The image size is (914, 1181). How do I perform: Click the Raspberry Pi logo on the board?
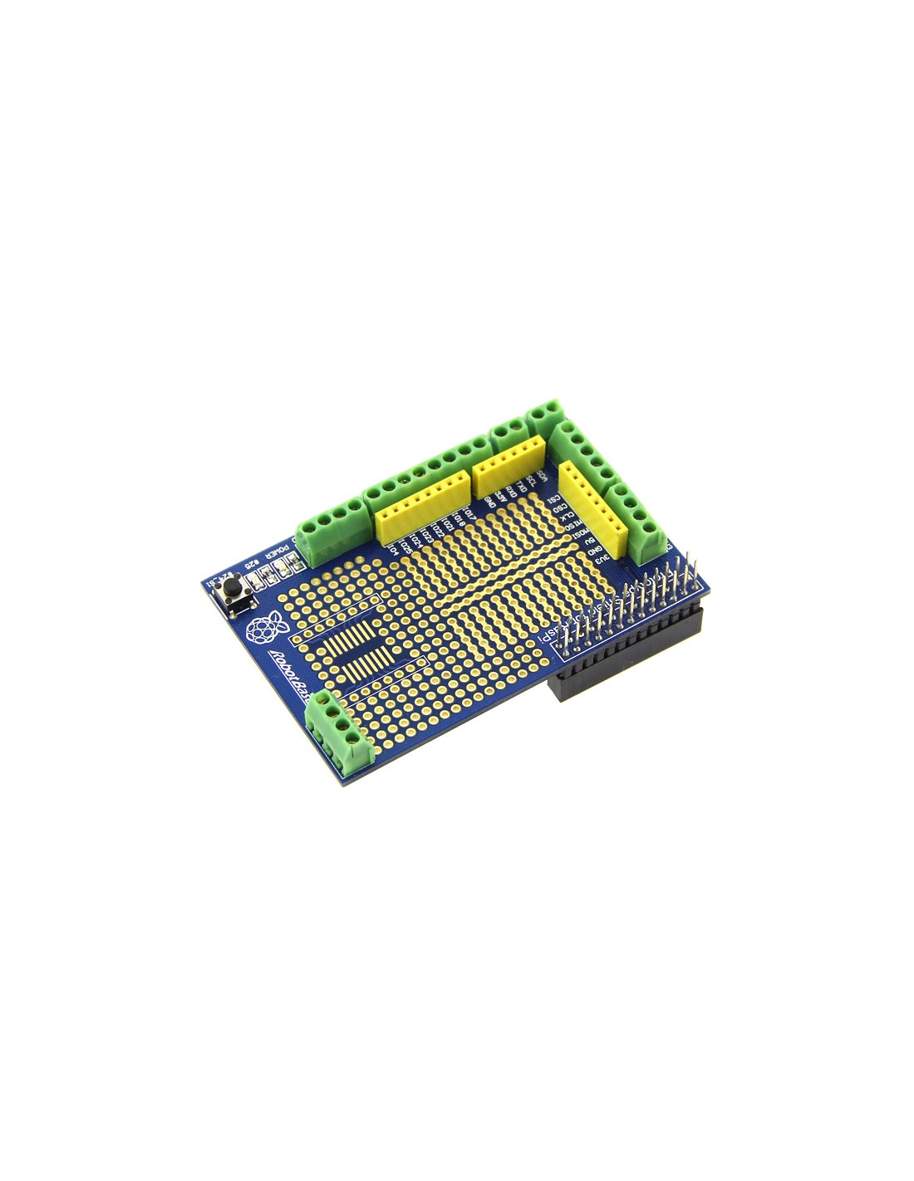[262, 629]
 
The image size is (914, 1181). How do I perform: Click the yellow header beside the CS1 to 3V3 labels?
[591, 508]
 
